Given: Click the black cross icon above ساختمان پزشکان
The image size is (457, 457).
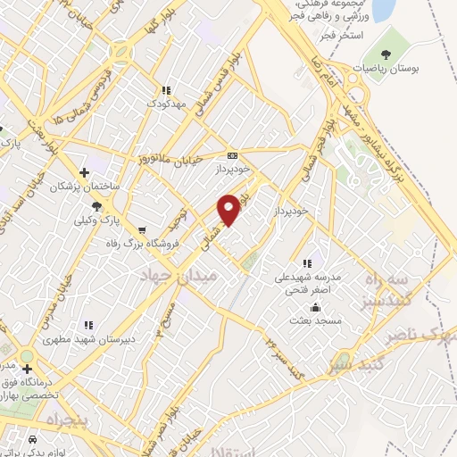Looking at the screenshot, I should coord(84,172).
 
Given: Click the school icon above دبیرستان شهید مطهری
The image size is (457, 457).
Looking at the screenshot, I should coord(87,326).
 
